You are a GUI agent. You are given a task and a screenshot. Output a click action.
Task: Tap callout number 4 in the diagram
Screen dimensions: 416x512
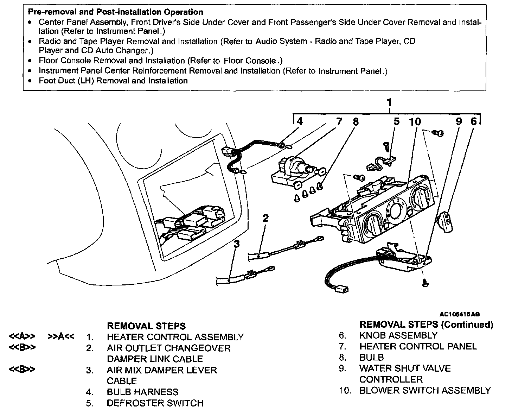299,121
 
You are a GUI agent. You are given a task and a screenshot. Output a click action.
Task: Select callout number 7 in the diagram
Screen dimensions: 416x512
339,122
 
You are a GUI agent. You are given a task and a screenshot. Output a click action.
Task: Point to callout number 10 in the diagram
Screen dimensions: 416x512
415,122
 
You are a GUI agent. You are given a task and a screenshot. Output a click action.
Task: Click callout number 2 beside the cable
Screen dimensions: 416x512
265,218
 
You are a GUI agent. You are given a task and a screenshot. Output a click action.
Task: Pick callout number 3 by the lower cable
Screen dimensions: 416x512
237,244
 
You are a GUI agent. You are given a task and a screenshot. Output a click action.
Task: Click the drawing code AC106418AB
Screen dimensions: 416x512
459,314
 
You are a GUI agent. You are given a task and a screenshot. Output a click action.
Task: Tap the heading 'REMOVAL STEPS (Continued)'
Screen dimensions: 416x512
426,324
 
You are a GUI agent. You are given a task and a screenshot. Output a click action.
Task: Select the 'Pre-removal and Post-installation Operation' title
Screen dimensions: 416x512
115,12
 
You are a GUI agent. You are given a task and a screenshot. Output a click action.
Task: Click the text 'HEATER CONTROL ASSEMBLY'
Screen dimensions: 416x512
175,337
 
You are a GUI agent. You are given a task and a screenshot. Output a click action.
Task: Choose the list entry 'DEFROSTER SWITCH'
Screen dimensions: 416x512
155,403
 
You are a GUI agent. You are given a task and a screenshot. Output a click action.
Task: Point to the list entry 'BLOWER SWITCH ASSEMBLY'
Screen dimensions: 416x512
424,390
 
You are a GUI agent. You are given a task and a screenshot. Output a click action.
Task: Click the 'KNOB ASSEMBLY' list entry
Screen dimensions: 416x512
398,335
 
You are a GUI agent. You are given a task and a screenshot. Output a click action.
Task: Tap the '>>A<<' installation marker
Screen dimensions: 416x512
61,337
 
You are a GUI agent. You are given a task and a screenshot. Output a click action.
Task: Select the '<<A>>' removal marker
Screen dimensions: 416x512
22,337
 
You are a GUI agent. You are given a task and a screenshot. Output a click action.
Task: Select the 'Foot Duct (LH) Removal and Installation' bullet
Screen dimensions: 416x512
113,81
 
